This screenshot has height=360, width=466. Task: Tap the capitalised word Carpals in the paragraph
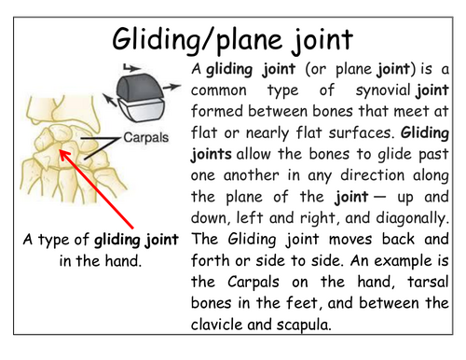[x=246, y=283]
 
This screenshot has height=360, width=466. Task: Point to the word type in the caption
[x=48, y=239]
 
